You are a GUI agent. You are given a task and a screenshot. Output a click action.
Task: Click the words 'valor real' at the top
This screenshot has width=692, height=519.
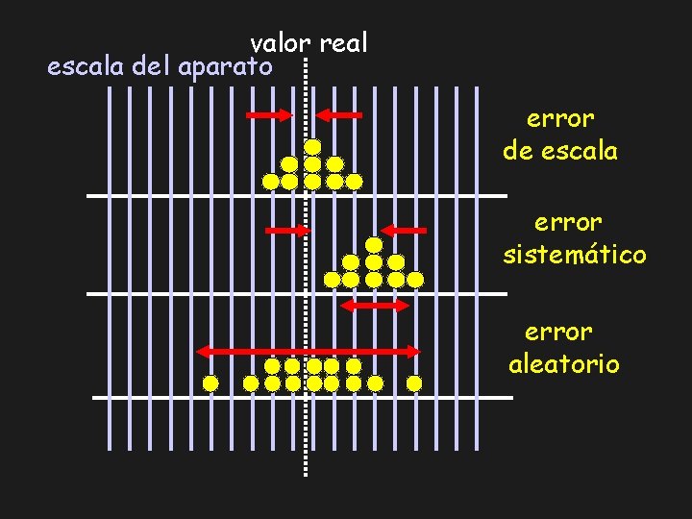pyautogui.click(x=309, y=43)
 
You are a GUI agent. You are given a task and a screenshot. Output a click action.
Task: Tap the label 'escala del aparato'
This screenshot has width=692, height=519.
pyautogui.click(x=161, y=67)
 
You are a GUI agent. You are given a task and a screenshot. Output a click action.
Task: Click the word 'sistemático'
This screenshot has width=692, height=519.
pyautogui.click(x=575, y=255)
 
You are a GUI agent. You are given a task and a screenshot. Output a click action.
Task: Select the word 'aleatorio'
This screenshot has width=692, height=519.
pyautogui.click(x=564, y=364)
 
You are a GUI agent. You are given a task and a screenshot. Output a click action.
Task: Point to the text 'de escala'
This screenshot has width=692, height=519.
pyautogui.click(x=560, y=151)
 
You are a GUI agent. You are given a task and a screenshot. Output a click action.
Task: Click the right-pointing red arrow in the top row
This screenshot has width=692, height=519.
pyautogui.click(x=268, y=115)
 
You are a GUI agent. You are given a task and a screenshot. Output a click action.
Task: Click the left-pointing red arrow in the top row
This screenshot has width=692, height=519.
pyautogui.click(x=339, y=115)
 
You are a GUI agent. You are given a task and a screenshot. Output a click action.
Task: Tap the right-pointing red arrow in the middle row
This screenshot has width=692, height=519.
pyautogui.click(x=287, y=231)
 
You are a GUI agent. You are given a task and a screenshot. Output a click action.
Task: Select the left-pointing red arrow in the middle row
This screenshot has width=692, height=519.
pyautogui.click(x=404, y=231)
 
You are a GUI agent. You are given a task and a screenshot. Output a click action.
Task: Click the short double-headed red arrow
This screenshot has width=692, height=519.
pyautogui.click(x=376, y=306)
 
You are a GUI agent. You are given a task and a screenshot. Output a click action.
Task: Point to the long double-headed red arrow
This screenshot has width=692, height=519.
pyautogui.click(x=309, y=351)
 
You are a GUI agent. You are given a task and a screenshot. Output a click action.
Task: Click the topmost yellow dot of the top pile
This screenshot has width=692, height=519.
pyautogui.click(x=312, y=147)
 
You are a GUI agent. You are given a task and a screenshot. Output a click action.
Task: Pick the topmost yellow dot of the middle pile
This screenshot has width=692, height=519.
pyautogui.click(x=374, y=245)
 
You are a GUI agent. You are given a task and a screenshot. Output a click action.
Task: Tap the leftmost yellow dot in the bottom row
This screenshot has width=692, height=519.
pyautogui.click(x=210, y=383)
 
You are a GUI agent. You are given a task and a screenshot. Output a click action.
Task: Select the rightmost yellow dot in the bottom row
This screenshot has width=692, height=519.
pyautogui.click(x=414, y=383)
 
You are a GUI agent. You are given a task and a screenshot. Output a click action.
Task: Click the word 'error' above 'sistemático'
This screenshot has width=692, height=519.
pyautogui.click(x=568, y=222)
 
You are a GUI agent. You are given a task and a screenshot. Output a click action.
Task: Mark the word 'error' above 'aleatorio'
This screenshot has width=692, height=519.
pyautogui.click(x=559, y=332)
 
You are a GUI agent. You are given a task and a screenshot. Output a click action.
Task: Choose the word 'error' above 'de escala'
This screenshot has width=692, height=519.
pyautogui.click(x=560, y=118)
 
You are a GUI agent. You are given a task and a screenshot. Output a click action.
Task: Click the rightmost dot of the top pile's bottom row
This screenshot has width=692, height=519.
pyautogui.click(x=354, y=181)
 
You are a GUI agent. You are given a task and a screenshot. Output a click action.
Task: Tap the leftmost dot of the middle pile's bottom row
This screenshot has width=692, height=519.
pyautogui.click(x=333, y=280)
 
